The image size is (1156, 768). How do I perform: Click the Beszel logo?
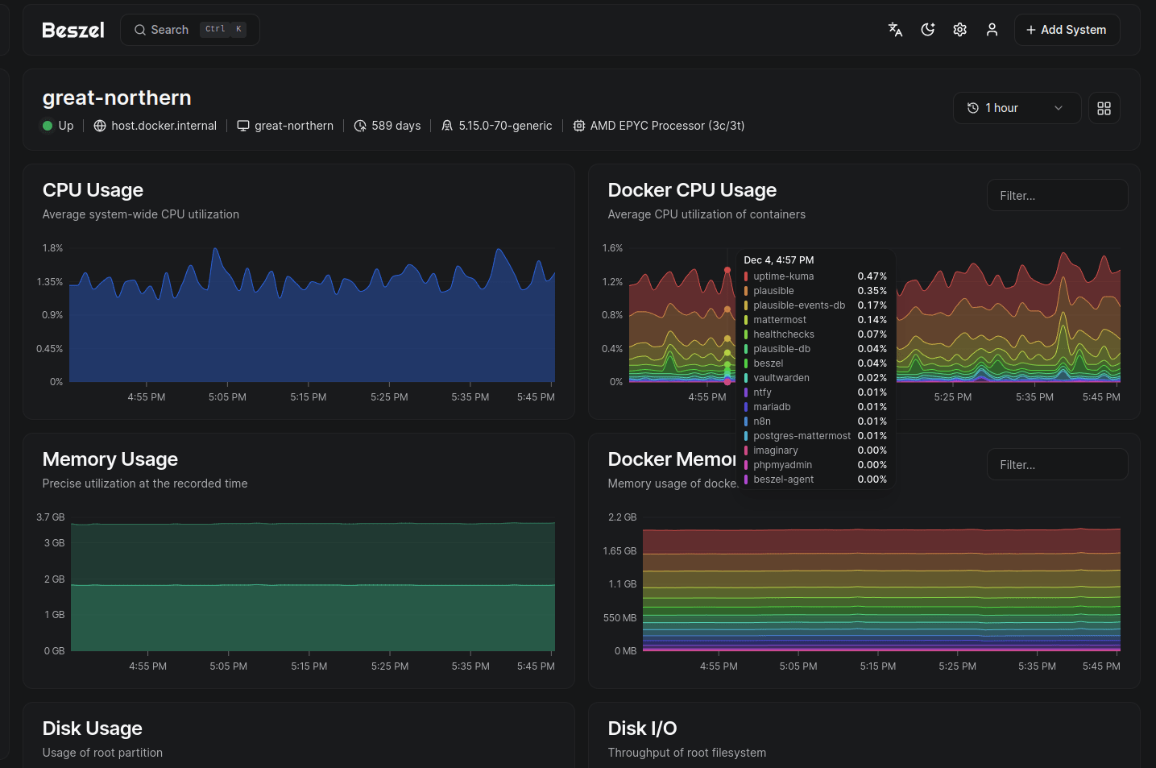(73, 30)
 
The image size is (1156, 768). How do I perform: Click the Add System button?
(1066, 30)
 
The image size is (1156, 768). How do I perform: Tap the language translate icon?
(895, 30)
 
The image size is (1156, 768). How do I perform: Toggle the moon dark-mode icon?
(928, 30)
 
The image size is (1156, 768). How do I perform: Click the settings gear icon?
(959, 30)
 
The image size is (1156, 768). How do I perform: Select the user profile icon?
(992, 30)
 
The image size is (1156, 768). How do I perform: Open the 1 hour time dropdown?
(1016, 108)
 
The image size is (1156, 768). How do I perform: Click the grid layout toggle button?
(1104, 108)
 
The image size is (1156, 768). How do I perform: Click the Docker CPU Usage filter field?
(1057, 196)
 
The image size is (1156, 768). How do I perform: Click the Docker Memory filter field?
(1057, 465)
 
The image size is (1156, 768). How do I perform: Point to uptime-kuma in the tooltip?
(783, 276)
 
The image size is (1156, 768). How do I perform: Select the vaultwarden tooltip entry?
(781, 378)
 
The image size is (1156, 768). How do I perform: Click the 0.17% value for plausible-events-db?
(872, 305)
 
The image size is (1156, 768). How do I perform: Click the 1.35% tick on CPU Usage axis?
(50, 282)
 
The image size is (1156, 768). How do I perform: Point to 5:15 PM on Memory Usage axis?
(309, 666)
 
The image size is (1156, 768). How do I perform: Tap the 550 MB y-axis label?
(619, 618)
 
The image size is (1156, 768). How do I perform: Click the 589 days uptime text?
(396, 126)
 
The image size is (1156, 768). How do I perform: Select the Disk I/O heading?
(642, 729)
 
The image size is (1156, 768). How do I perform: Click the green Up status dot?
(48, 126)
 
